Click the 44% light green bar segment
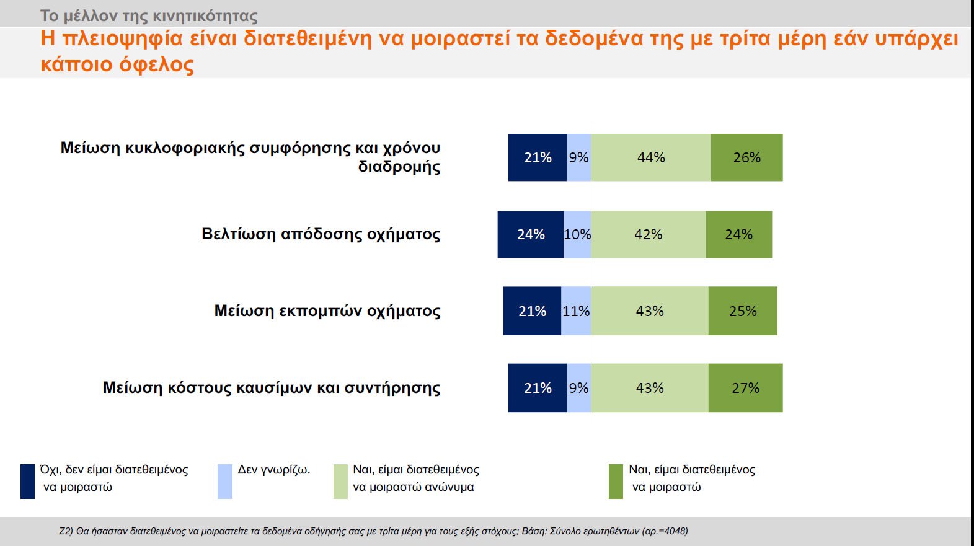click(651, 157)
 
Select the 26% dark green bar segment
click(746, 157)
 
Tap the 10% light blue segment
click(577, 234)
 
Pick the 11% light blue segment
click(576, 311)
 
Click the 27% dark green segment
click(745, 388)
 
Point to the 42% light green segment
click(648, 234)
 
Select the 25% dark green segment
click(743, 311)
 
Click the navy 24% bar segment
click(531, 234)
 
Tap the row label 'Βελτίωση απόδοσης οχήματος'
click(321, 234)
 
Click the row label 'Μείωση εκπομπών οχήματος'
click(327, 311)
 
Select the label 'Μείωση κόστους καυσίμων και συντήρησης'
click(272, 388)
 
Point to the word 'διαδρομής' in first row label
click(399, 167)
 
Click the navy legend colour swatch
click(27, 481)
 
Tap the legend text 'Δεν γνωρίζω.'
click(274, 470)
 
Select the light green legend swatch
click(340, 481)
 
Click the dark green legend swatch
click(616, 481)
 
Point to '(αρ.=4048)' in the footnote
click(665, 531)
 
